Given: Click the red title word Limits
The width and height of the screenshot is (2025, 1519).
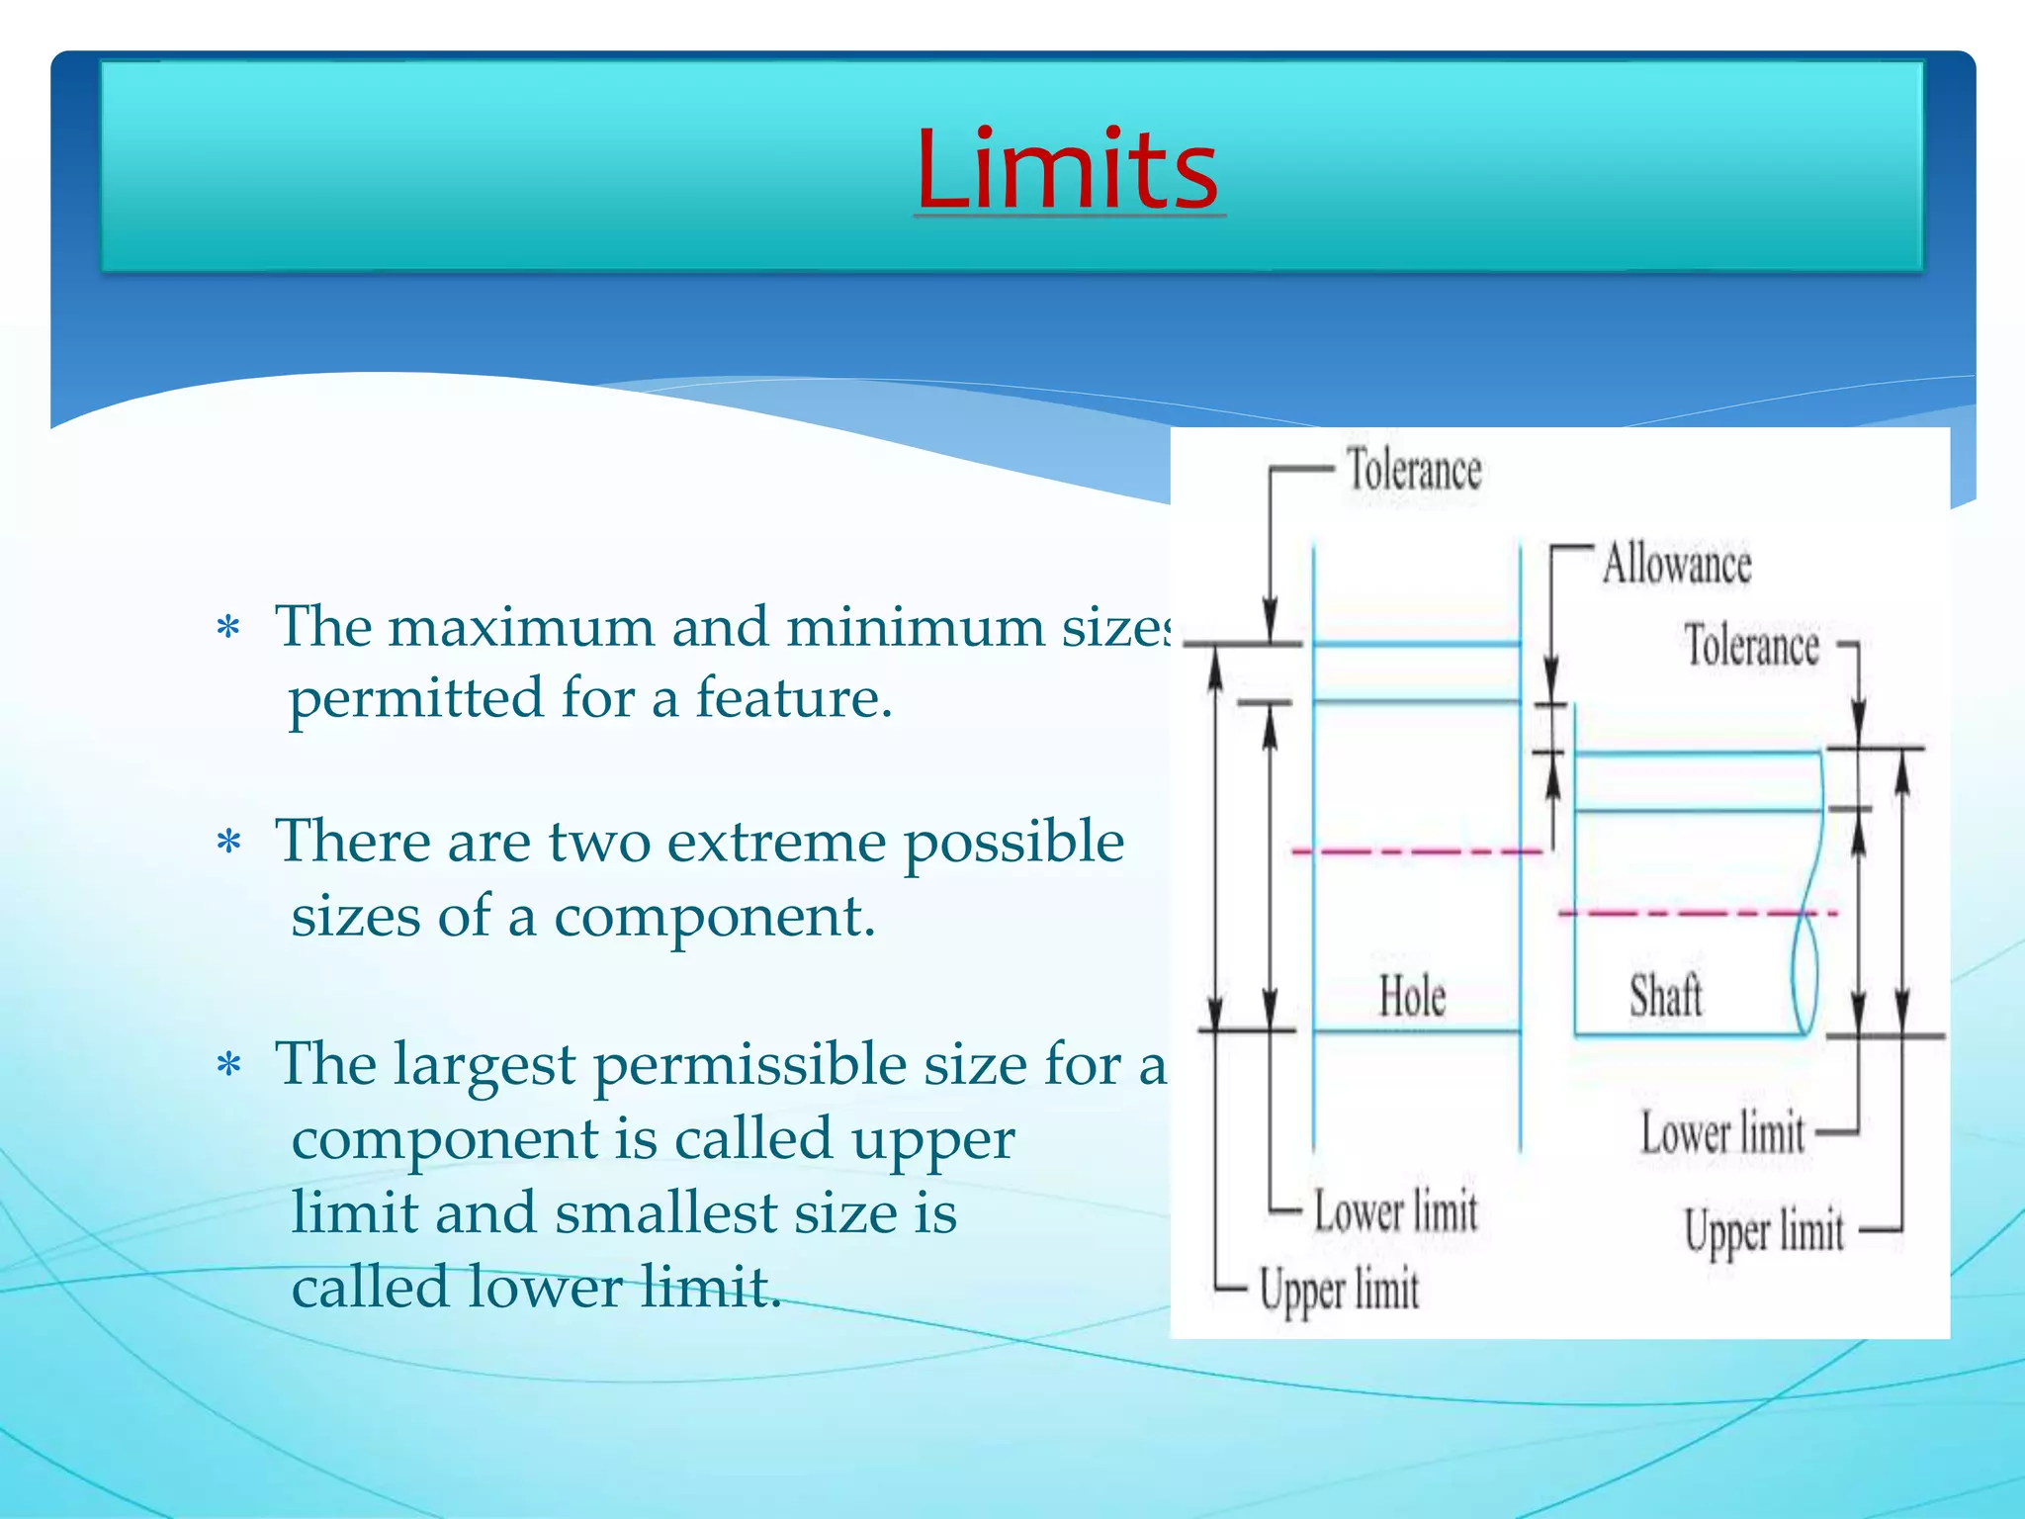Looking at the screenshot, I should click(x=1068, y=170).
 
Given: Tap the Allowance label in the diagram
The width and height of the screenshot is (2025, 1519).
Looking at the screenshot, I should click(x=1676, y=565).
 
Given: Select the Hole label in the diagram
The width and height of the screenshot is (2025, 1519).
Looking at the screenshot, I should click(x=1412, y=996).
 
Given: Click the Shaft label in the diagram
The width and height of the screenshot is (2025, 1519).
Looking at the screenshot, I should click(x=1666, y=996).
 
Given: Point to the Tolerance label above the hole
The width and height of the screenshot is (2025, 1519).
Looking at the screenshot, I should click(x=1414, y=470).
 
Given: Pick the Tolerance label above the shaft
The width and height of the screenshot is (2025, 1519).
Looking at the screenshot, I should click(x=1751, y=646).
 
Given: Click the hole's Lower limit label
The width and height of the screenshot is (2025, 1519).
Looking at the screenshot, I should click(x=1395, y=1211).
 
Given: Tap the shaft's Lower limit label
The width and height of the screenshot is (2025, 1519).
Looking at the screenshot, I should click(x=1722, y=1133).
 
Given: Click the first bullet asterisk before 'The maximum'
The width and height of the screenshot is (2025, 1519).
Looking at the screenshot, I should click(x=228, y=628).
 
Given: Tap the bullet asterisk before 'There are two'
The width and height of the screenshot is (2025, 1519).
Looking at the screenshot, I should click(x=228, y=843).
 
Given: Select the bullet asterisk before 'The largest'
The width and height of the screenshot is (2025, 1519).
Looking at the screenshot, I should click(x=228, y=1065).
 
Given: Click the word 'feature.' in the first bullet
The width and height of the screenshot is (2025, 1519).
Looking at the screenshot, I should click(x=794, y=698).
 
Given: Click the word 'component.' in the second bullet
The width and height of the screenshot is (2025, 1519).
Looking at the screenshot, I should click(x=714, y=917).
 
